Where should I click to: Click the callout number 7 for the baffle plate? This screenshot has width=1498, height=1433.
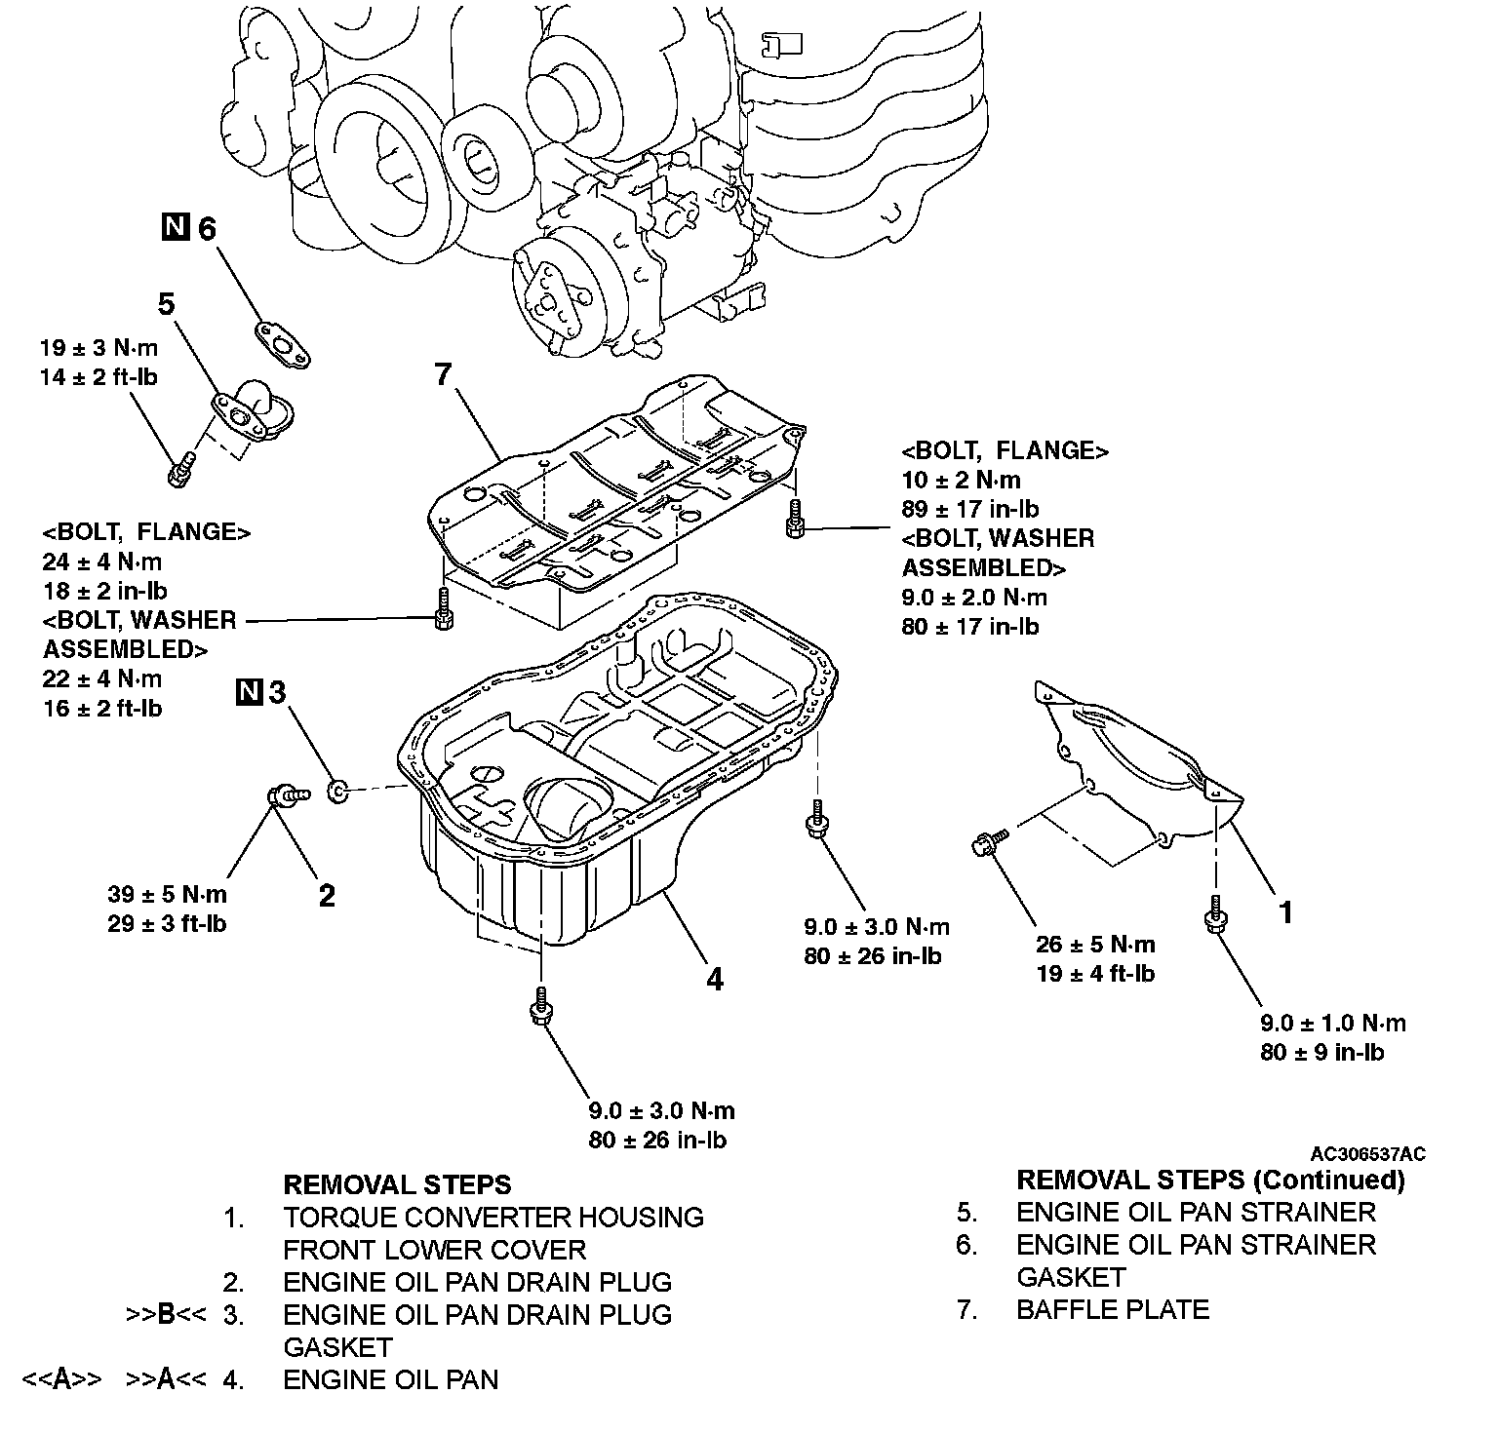point(445,374)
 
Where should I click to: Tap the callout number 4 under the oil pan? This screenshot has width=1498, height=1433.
point(715,979)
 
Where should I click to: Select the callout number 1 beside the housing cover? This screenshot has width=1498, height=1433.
point(1286,912)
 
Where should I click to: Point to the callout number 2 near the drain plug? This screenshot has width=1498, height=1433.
point(327,895)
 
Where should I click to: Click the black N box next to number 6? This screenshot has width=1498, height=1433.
point(175,229)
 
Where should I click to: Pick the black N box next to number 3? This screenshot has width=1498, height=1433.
point(250,692)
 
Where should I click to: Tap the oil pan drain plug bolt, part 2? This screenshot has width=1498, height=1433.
point(286,795)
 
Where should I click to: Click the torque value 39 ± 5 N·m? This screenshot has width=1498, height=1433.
point(167,894)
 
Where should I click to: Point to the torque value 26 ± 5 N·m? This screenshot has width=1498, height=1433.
point(1095,944)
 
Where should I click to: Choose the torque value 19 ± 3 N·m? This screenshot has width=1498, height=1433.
point(99,348)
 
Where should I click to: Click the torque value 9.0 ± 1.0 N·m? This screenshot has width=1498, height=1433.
point(1333,1023)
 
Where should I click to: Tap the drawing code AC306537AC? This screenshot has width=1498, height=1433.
point(1367,1154)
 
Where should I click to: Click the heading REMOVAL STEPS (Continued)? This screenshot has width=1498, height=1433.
point(1210,1181)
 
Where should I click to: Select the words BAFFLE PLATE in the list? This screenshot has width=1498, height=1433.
point(1112,1309)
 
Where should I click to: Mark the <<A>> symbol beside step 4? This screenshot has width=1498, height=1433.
point(61,1380)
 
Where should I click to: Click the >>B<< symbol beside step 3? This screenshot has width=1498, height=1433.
point(166,1315)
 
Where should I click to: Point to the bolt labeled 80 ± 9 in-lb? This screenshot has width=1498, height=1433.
point(1215,917)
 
